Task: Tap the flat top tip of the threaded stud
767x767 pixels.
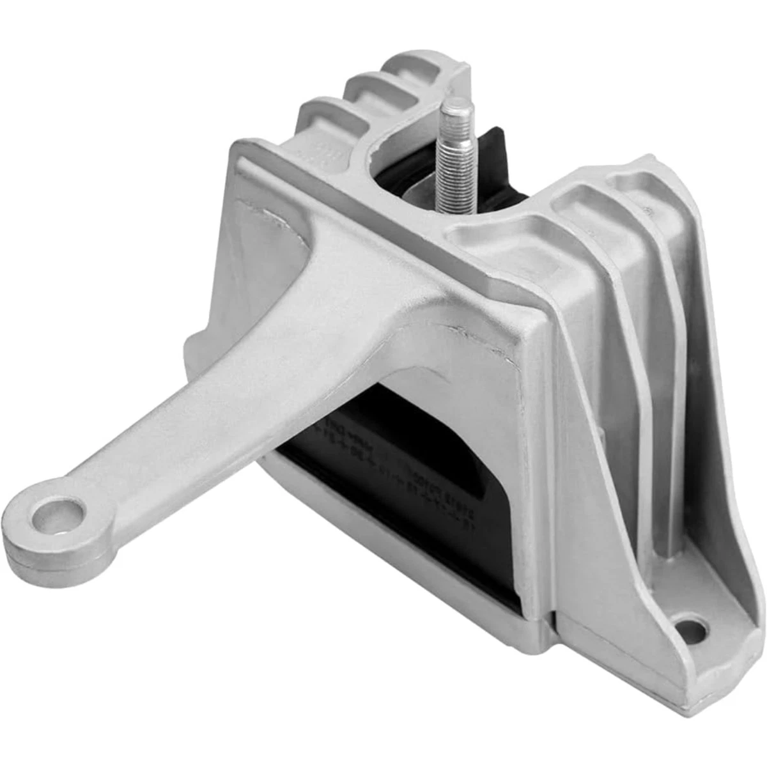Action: (x=458, y=104)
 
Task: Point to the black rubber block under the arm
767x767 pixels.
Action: (x=409, y=486)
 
